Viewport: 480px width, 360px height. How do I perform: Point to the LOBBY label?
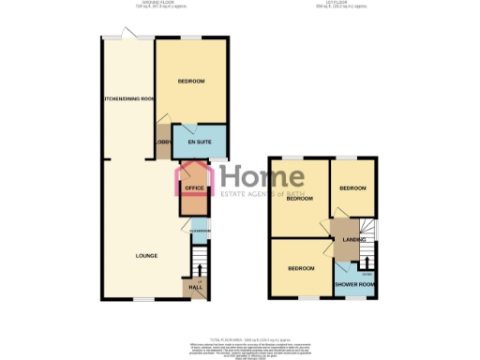coord(162,143)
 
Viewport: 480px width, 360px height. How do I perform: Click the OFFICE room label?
coord(195,187)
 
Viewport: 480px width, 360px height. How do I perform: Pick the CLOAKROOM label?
coord(200,231)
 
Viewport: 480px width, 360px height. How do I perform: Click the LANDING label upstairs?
coord(353,240)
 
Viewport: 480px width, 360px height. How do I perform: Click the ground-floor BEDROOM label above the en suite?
coord(191,82)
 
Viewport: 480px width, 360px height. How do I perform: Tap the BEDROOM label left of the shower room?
coord(300,269)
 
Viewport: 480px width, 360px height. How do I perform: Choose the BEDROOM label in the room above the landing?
coord(352,188)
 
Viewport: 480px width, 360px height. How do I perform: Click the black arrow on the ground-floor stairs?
coord(198,268)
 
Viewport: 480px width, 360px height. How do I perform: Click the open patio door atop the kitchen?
coord(136,36)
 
